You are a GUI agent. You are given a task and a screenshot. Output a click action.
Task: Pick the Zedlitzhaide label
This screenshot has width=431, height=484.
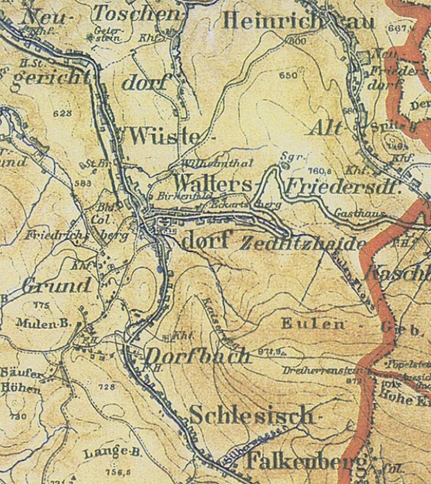[302, 244]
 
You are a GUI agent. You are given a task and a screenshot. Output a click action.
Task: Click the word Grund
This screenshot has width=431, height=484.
[57, 285]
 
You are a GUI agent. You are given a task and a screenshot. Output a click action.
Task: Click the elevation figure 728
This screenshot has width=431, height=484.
[107, 387]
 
